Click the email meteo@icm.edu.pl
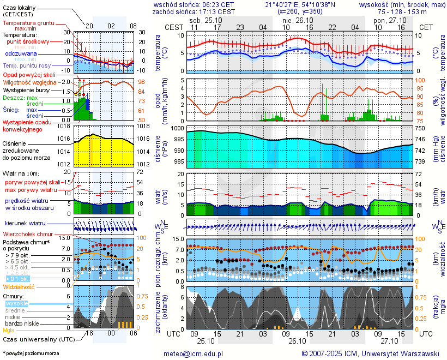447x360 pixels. (194, 353)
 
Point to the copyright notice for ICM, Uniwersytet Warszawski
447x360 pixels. (370, 353)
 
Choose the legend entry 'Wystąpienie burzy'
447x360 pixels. (26, 89)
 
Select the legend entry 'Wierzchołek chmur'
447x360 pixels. (27, 234)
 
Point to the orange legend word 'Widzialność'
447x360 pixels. (19, 286)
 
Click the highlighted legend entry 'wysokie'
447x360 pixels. (16, 303)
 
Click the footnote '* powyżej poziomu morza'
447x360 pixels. (31, 353)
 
